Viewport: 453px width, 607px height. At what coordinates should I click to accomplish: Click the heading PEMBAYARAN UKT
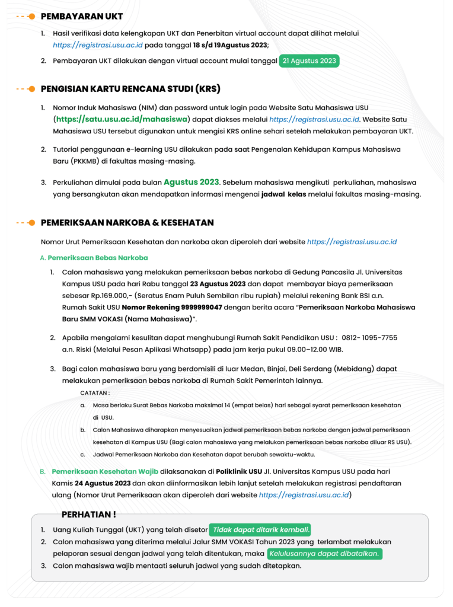click(x=81, y=17)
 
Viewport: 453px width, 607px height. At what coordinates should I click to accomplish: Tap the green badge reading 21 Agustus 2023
click(x=309, y=61)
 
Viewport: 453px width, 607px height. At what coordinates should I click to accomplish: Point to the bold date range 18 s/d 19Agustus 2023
click(x=231, y=45)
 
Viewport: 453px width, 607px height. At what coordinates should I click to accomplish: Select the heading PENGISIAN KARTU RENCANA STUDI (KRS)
click(x=130, y=89)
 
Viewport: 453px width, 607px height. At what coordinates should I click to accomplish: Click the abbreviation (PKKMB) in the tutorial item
click(x=69, y=161)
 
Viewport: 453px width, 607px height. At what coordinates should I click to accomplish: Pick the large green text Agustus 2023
click(x=192, y=182)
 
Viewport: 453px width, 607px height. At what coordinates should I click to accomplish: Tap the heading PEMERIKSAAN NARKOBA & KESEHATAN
click(x=127, y=223)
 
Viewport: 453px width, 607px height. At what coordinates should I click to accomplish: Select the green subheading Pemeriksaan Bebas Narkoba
click(x=98, y=258)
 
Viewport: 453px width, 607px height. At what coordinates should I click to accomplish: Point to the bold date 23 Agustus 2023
click(x=218, y=284)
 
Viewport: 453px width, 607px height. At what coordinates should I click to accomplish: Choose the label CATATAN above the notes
click(x=95, y=393)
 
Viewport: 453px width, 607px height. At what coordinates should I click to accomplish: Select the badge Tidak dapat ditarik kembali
click(x=260, y=530)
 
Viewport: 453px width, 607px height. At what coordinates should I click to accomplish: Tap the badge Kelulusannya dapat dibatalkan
click(x=325, y=554)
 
